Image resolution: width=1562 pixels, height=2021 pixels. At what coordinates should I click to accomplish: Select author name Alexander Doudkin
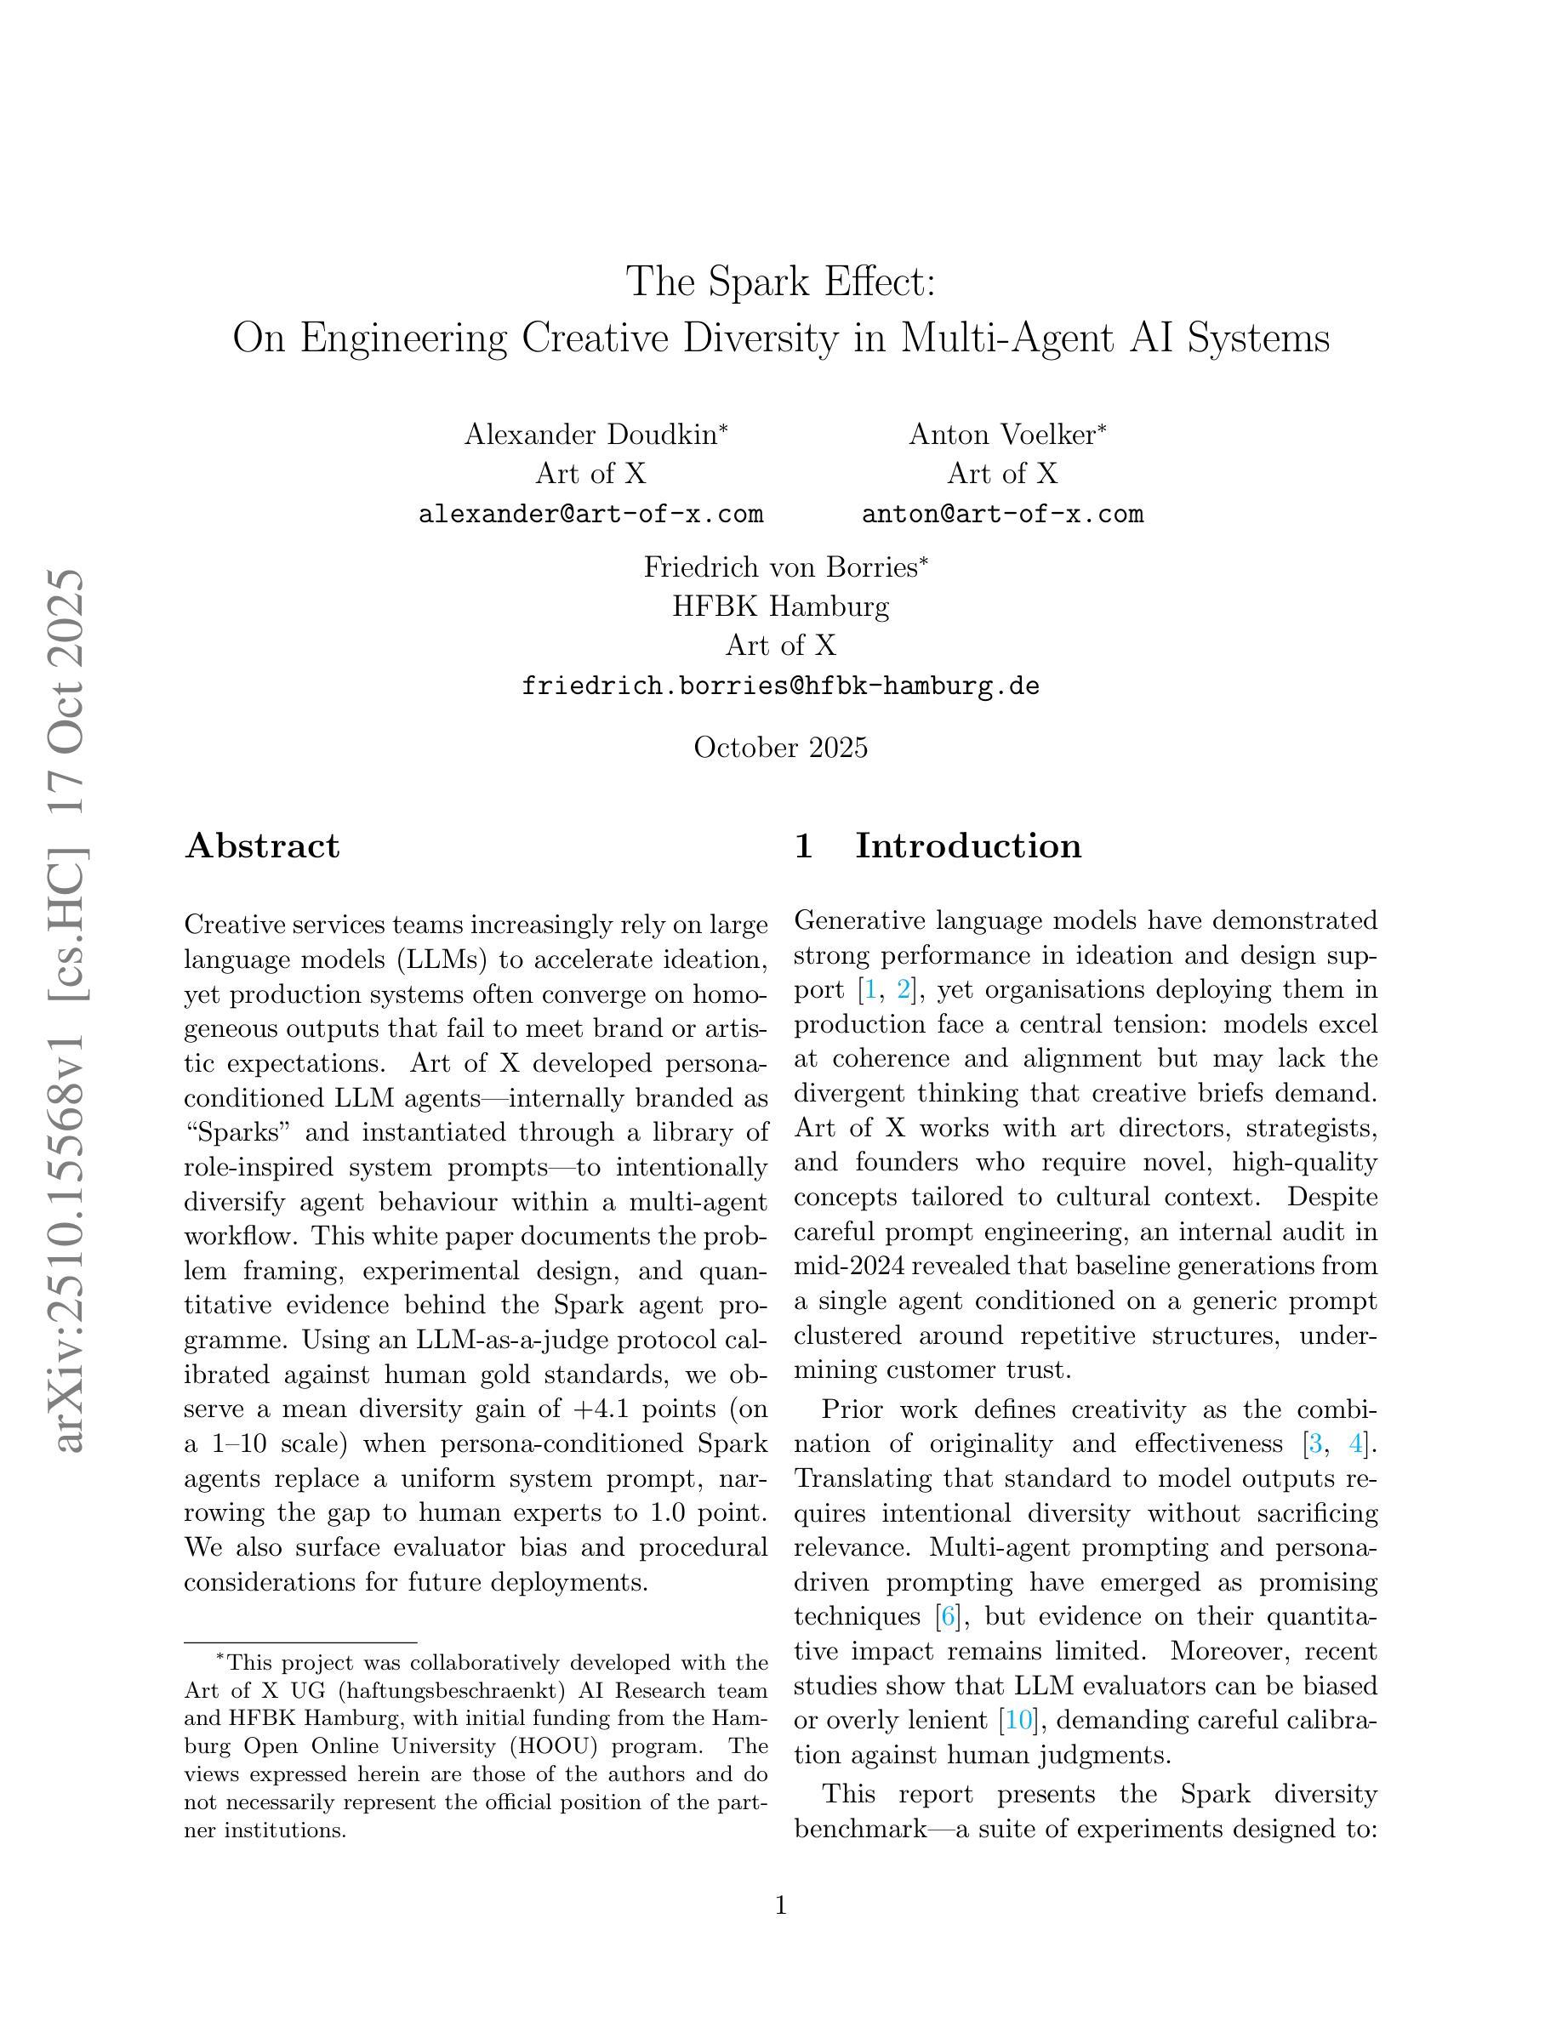point(592,434)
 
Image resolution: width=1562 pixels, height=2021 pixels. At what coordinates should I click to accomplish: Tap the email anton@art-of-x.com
point(1002,514)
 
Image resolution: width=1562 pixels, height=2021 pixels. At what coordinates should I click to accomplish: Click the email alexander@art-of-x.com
point(590,514)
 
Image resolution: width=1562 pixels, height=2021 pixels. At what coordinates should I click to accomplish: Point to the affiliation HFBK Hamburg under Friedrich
point(780,606)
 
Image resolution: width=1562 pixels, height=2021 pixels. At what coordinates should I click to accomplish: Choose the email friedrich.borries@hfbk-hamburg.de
point(780,686)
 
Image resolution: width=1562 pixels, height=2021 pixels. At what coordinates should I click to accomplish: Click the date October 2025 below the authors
point(780,747)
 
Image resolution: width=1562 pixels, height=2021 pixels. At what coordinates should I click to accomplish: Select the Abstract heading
point(262,845)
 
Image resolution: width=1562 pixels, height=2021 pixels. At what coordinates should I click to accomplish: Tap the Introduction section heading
point(967,845)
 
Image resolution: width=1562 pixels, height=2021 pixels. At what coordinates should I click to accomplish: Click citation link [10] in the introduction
point(1018,1720)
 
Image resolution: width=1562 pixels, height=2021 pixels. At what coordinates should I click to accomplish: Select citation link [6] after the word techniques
point(947,1617)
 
